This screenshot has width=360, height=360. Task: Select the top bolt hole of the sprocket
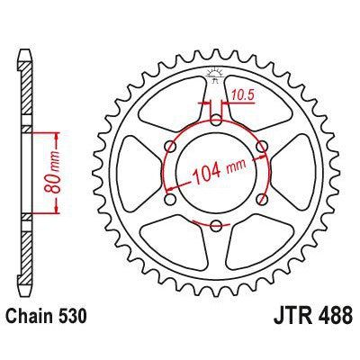(216, 118)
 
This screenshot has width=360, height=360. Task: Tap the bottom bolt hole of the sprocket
(216, 224)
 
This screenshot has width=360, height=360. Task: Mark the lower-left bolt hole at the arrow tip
(170, 198)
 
